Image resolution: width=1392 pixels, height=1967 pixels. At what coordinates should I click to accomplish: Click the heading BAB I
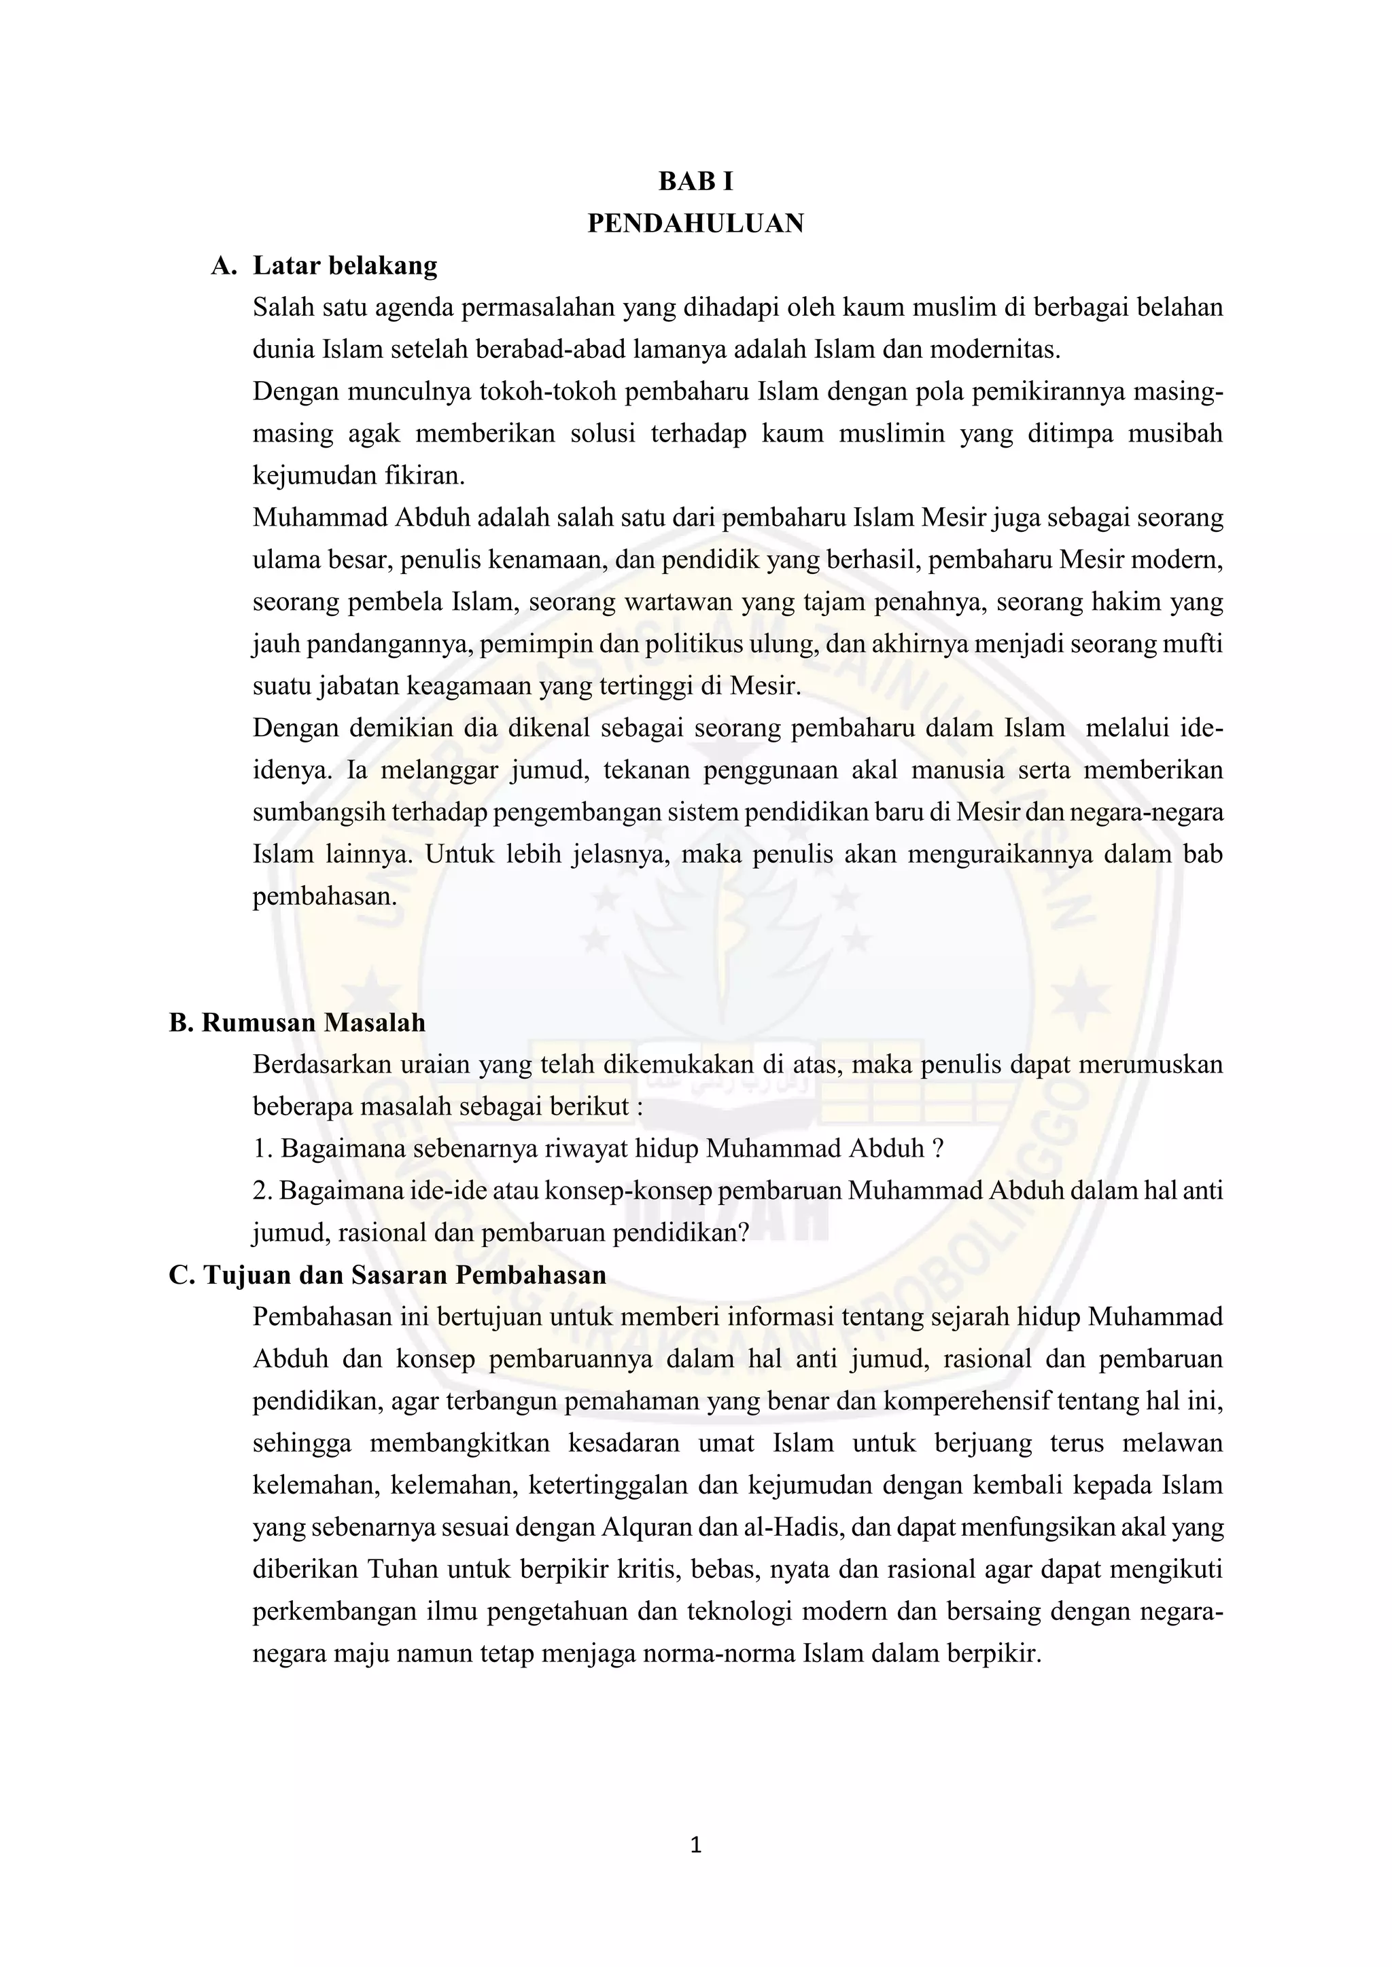(x=695, y=181)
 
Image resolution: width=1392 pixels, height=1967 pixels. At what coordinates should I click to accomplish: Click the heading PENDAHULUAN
(x=695, y=223)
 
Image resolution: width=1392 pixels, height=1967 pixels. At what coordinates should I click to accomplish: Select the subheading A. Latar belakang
(x=324, y=266)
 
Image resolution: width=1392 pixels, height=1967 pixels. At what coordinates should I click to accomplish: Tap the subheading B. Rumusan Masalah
(x=298, y=1022)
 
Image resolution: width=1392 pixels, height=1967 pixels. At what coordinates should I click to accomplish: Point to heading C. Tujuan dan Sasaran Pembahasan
(x=387, y=1275)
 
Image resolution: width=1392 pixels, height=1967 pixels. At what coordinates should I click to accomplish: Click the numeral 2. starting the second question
(x=262, y=1191)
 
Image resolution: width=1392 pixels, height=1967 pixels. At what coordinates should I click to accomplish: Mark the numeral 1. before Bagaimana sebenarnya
(x=262, y=1149)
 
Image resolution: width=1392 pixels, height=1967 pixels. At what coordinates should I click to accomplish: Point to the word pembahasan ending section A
(x=325, y=896)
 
